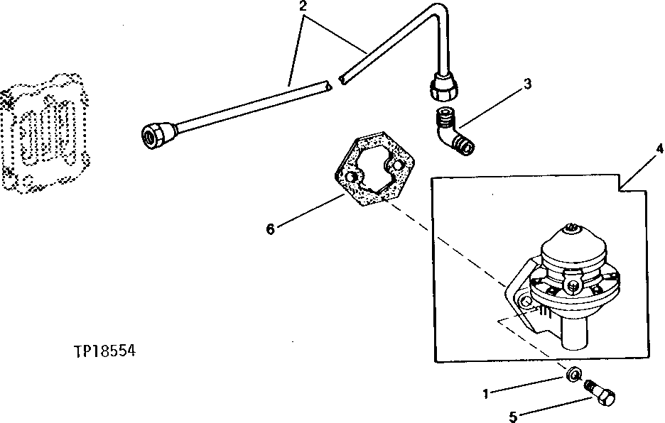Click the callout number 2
tap(304, 6)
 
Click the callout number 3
tap(526, 84)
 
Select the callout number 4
tap(659, 149)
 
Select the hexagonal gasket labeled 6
tap(369, 170)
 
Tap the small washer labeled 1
tap(573, 373)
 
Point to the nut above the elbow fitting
tap(444, 88)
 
